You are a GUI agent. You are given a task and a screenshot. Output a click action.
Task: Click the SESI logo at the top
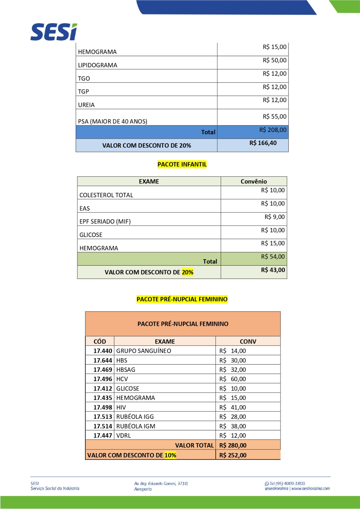click(x=54, y=32)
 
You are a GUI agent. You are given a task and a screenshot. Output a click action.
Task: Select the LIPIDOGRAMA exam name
click(x=97, y=65)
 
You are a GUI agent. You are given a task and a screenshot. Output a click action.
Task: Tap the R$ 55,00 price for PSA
click(x=274, y=116)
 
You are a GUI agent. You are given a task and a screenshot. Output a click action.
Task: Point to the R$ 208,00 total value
click(x=273, y=130)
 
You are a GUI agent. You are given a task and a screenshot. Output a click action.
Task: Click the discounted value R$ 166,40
click(x=263, y=143)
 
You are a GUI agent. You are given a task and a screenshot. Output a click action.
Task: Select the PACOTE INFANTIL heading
click(x=182, y=164)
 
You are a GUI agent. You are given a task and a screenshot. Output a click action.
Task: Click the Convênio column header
click(x=254, y=181)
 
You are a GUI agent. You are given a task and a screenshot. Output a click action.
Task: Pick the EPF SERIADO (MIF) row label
click(x=105, y=221)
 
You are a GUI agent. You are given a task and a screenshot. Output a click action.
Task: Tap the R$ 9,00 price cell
click(x=274, y=217)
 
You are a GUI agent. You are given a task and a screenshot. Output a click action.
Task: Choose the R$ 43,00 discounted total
click(x=273, y=270)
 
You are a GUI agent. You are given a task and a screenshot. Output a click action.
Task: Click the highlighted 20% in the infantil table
click(x=187, y=272)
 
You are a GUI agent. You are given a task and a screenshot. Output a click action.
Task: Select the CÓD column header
click(x=100, y=341)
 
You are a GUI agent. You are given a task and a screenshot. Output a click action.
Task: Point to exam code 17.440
click(x=102, y=351)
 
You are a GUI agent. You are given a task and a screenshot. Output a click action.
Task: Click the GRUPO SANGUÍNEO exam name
click(x=144, y=351)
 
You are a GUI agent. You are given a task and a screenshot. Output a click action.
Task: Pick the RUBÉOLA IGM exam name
click(x=136, y=426)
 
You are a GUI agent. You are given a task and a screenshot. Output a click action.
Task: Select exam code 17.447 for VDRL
click(x=102, y=436)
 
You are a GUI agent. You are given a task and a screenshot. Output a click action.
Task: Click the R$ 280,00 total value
click(x=233, y=445)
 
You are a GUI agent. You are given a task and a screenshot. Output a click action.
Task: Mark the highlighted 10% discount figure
click(x=170, y=455)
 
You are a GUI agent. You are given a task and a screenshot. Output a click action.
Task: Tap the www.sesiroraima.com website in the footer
click(x=311, y=489)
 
